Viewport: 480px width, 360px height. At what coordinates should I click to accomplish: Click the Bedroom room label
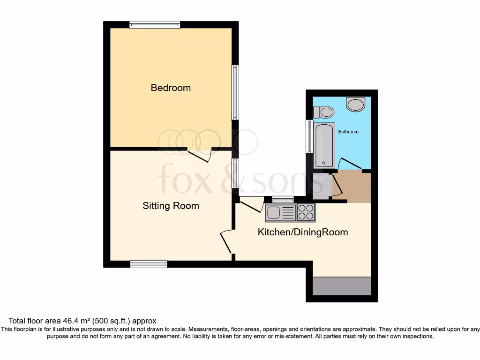tap(171, 88)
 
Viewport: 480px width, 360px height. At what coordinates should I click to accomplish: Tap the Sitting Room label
tap(171, 206)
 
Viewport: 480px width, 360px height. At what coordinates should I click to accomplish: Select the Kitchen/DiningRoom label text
tap(303, 232)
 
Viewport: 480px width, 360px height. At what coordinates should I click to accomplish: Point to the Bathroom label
tap(348, 132)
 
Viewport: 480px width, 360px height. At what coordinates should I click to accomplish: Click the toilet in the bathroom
tap(323, 112)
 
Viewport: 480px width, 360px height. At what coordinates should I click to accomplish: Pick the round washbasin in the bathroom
tap(355, 104)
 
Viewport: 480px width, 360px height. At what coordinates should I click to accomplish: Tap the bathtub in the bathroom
tap(324, 145)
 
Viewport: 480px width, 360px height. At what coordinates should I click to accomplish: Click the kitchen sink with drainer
tap(281, 213)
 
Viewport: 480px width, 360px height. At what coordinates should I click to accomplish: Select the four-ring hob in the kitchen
tap(306, 213)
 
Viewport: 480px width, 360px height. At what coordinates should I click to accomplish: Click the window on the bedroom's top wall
tap(155, 25)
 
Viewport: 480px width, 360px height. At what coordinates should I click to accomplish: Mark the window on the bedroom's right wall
tap(235, 92)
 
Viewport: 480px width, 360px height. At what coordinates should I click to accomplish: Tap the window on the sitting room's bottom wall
tap(149, 264)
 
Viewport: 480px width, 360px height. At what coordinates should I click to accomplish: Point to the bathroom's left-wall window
tap(309, 136)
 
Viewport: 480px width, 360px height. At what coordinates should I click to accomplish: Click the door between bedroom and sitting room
tap(200, 155)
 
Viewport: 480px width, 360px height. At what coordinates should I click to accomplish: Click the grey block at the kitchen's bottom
tap(342, 286)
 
